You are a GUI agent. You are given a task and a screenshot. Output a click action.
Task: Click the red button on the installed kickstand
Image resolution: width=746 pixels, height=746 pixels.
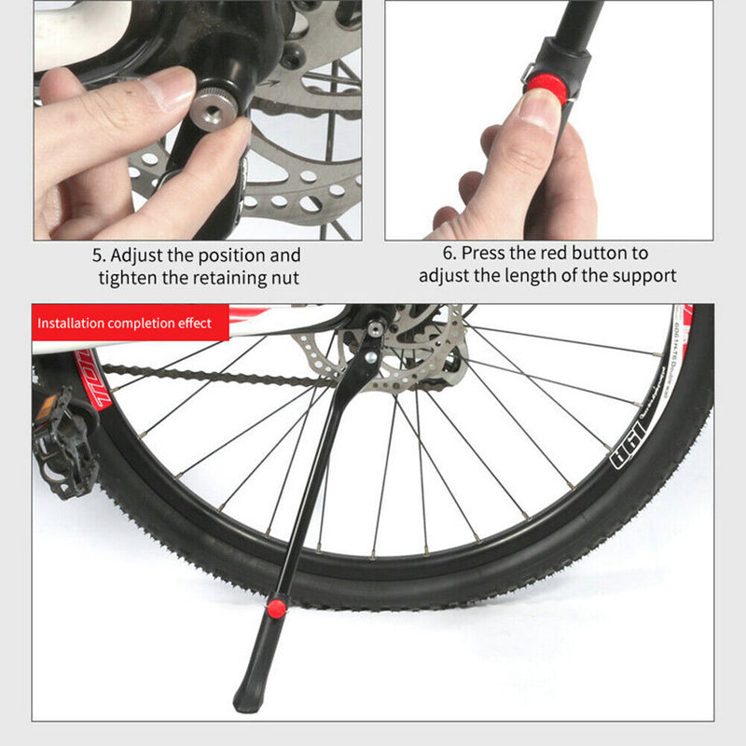tap(276, 608)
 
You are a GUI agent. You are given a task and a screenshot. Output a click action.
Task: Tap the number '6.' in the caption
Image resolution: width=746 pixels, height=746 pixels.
tap(450, 253)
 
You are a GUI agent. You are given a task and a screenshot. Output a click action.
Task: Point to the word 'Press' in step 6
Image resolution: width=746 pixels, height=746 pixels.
tap(486, 253)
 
